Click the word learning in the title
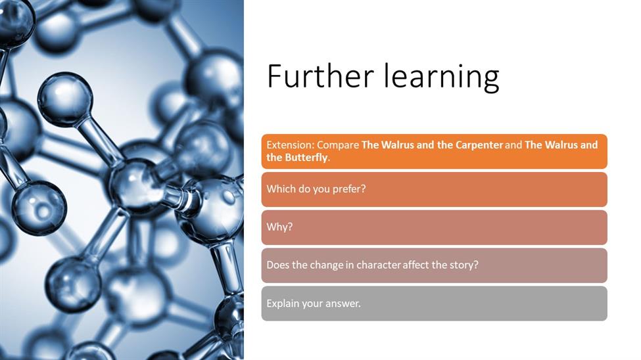pyautogui.click(x=442, y=78)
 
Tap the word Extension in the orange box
pyautogui.click(x=290, y=145)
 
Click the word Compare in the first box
pyautogui.click(x=338, y=145)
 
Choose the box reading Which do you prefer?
pyautogui.click(x=434, y=190)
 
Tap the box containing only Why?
pyautogui.click(x=434, y=227)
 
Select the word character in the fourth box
pyautogui.click(x=379, y=265)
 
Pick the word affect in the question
pyautogui.click(x=415, y=265)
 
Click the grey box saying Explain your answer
pyautogui.click(x=434, y=304)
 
